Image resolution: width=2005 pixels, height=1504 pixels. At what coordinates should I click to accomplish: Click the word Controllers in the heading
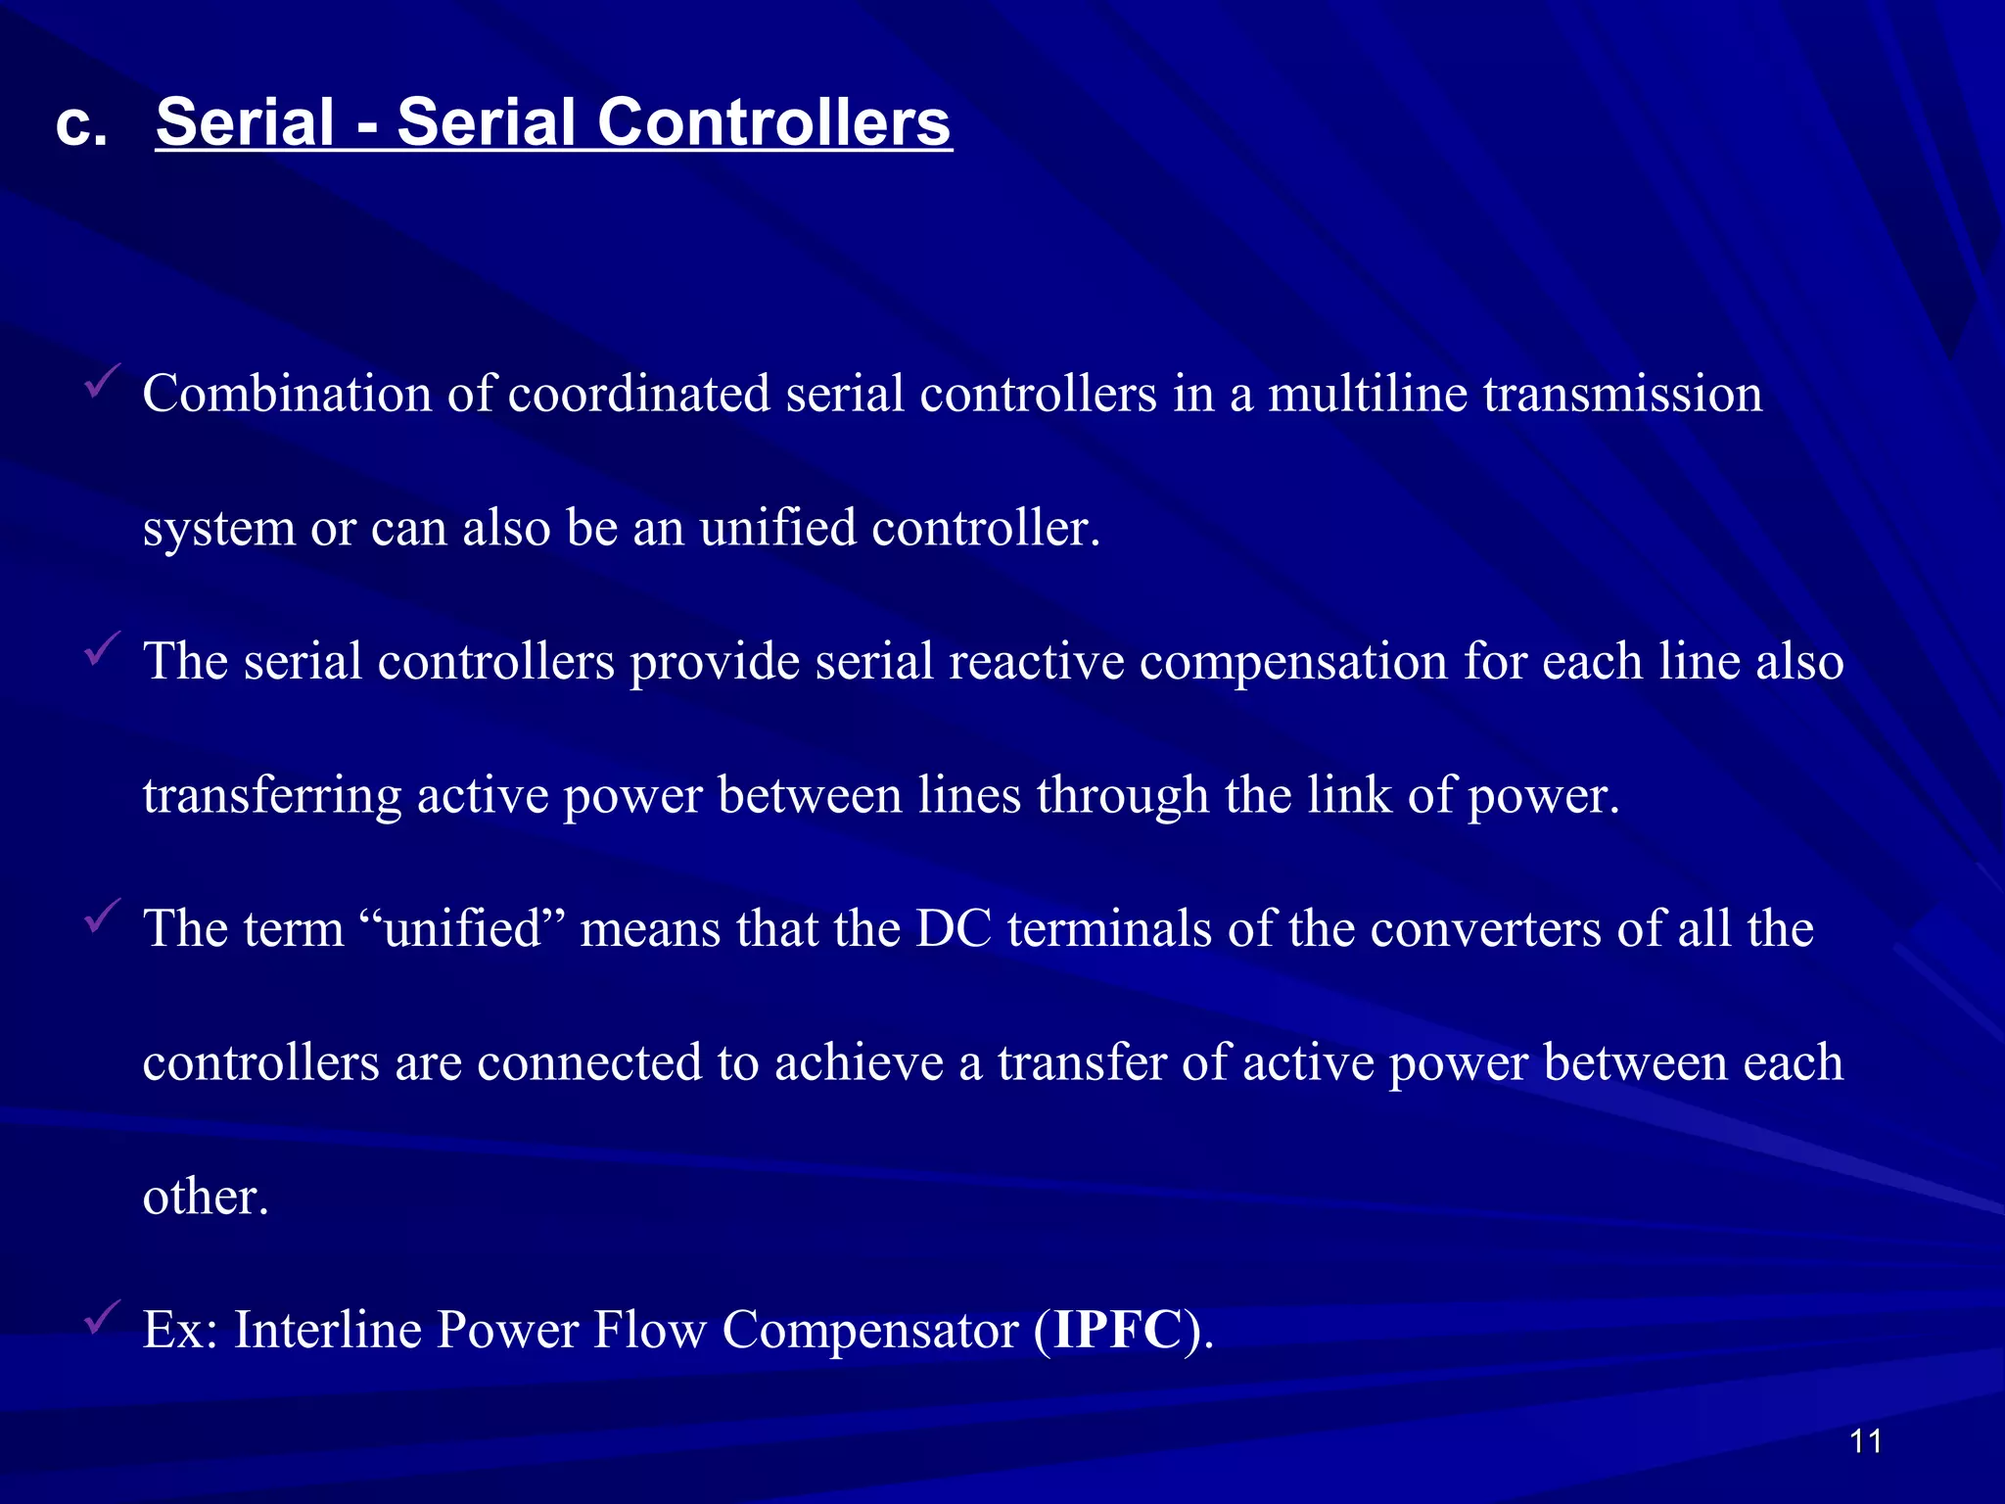coord(773,123)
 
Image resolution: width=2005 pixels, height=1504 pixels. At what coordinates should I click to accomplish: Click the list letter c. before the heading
coord(80,125)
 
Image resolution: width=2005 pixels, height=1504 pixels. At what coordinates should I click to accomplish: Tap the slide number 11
coord(1866,1440)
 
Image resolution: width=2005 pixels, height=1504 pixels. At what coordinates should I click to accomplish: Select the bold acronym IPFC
coord(1117,1330)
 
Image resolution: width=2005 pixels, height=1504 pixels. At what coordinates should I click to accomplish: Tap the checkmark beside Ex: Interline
coord(102,1316)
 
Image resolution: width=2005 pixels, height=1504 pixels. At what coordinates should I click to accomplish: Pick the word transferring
coord(272,795)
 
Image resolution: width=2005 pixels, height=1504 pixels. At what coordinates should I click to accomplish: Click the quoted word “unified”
coord(462,928)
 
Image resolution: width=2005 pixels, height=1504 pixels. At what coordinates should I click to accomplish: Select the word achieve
coord(859,1062)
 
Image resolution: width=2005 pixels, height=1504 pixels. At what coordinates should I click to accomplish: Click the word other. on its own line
coord(206,1197)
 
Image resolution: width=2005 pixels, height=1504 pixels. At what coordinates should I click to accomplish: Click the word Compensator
coord(870,1332)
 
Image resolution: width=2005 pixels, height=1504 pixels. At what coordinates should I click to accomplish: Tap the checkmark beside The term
coord(102,916)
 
